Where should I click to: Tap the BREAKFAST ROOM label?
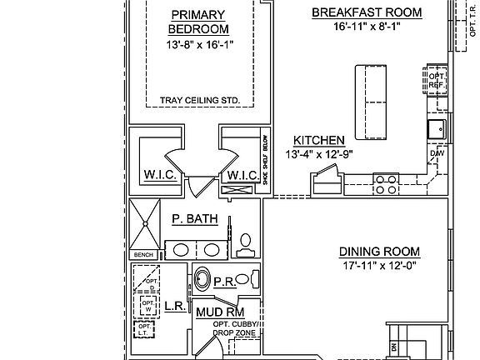(x=367, y=12)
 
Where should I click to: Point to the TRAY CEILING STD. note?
(x=200, y=101)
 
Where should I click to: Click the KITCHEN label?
(x=319, y=140)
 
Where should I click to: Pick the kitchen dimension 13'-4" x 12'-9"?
(x=319, y=153)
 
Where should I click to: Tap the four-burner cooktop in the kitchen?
(x=385, y=182)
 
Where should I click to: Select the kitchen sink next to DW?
(x=436, y=129)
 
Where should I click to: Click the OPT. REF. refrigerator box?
(x=436, y=79)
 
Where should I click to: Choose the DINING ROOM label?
(x=378, y=252)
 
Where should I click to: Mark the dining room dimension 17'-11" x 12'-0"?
(x=378, y=266)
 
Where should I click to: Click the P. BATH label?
(x=195, y=220)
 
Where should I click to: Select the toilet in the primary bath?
(x=247, y=242)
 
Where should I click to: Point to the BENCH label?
(x=142, y=255)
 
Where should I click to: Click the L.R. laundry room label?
(x=174, y=307)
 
